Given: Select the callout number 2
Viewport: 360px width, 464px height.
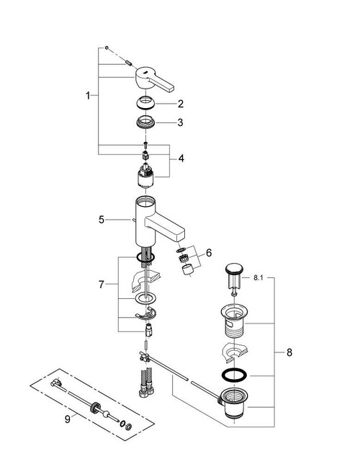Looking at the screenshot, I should pyautogui.click(x=181, y=103).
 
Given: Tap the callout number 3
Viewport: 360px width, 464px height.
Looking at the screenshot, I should pyautogui.click(x=181, y=122).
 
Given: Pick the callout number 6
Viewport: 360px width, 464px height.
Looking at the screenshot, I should pyautogui.click(x=209, y=253).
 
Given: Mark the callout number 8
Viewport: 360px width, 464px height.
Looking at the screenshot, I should pyautogui.click(x=289, y=352).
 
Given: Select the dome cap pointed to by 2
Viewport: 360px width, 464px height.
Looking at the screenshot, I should pyautogui.click(x=146, y=102).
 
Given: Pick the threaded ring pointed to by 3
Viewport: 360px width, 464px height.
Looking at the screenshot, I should pyautogui.click(x=146, y=122).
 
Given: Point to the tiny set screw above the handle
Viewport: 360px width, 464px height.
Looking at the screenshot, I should pyautogui.click(x=106, y=48).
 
